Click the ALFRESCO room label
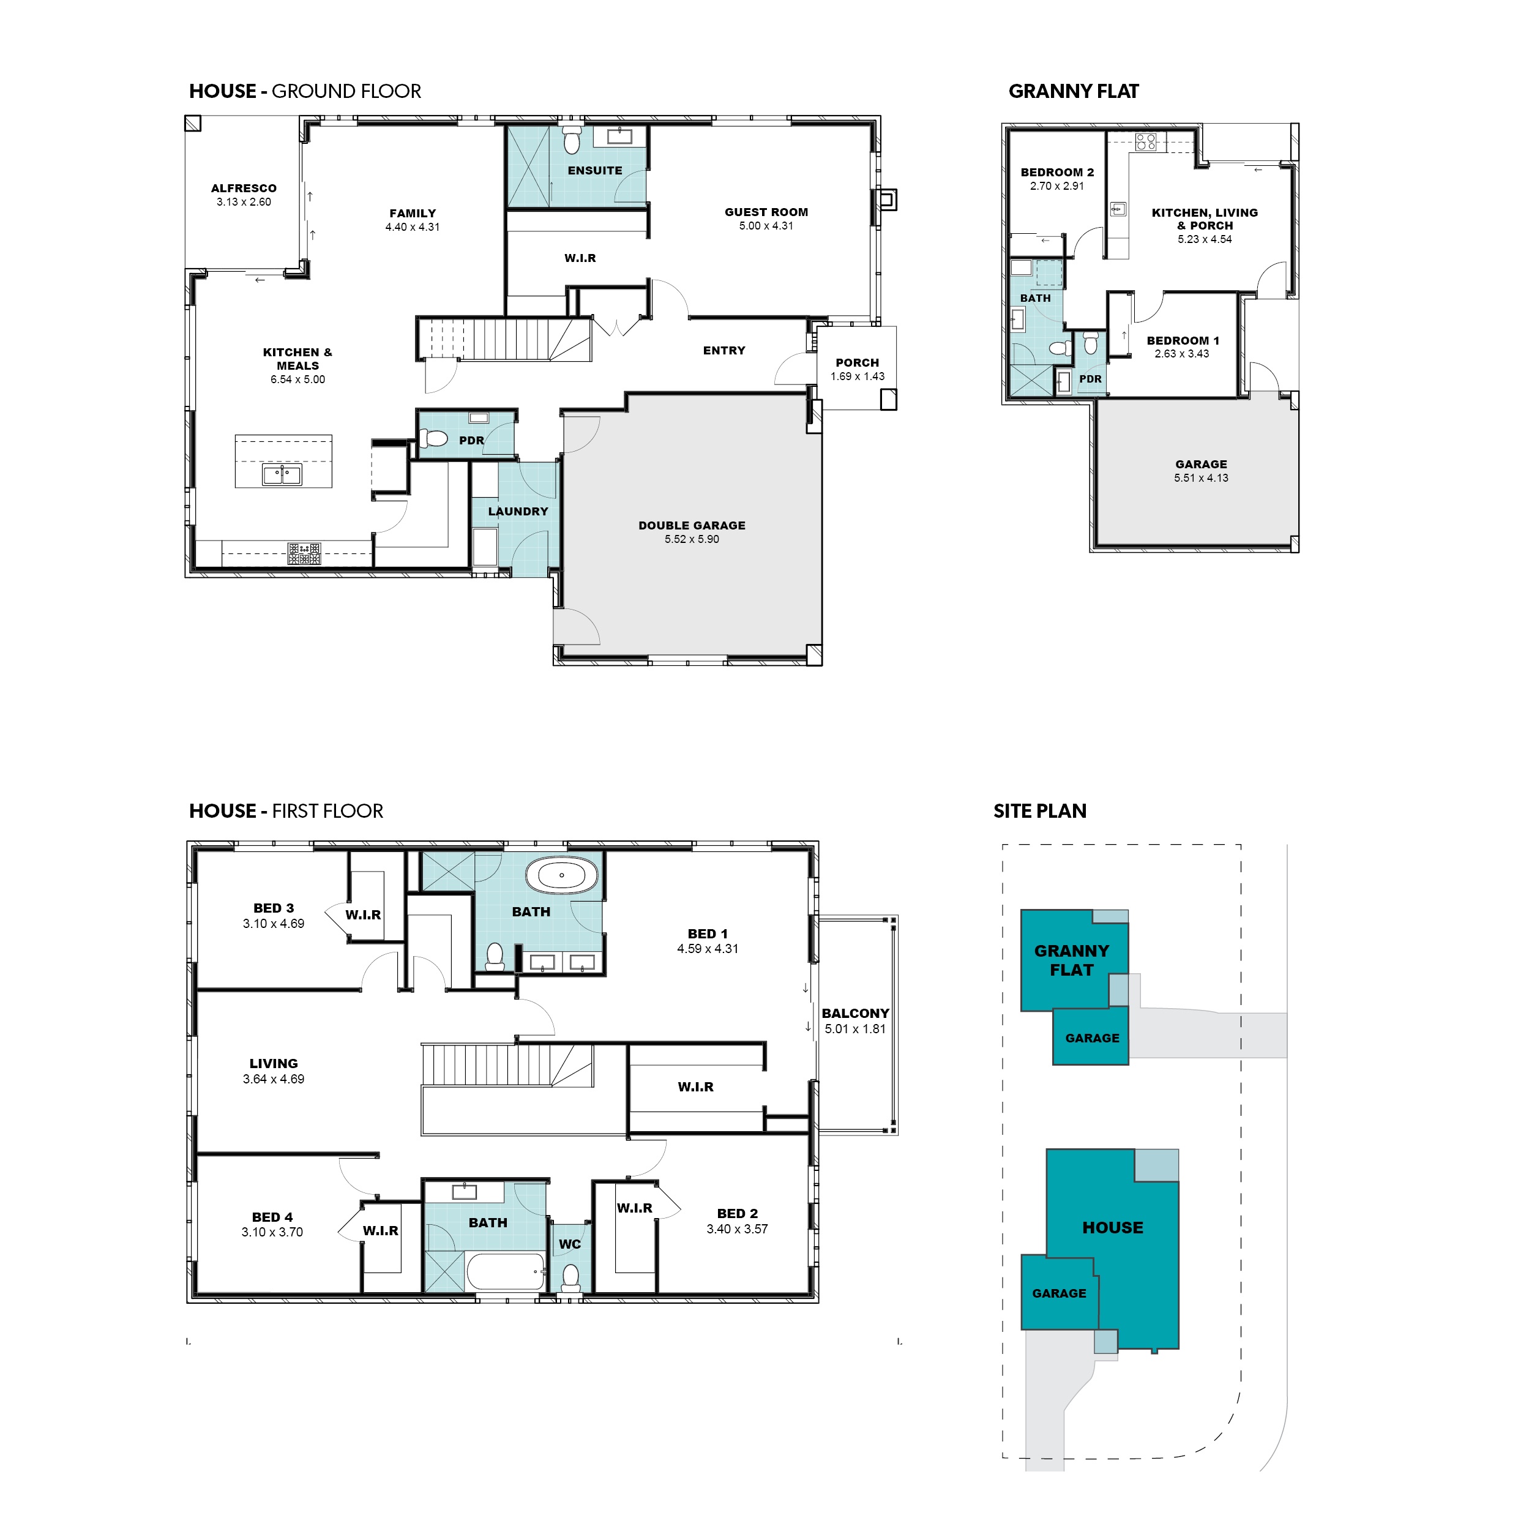[x=244, y=189]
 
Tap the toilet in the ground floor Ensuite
[x=572, y=140]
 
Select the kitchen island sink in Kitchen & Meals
[x=282, y=474]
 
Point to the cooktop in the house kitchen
[x=304, y=553]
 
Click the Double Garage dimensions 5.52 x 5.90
[x=692, y=539]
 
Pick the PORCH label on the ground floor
[x=857, y=363]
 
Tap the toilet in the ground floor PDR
[x=433, y=438]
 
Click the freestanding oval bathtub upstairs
[x=562, y=875]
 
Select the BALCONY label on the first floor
[x=856, y=1014]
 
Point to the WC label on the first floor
[x=570, y=1244]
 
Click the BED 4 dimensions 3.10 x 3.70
[x=272, y=1232]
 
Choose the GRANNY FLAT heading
[x=1073, y=92]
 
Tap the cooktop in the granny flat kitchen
[x=1146, y=142]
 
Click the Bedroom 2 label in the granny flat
[x=1057, y=172]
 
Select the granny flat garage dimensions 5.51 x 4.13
[x=1202, y=477]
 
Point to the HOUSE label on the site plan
[x=1113, y=1227]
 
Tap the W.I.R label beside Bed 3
[x=363, y=914]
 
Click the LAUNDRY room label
[x=518, y=512]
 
